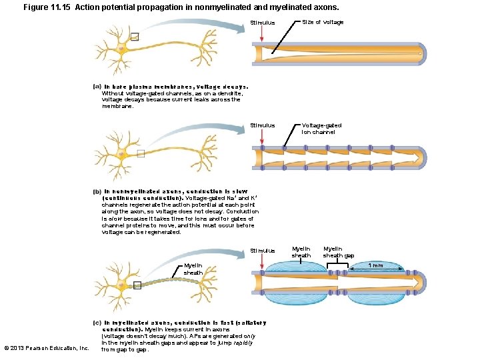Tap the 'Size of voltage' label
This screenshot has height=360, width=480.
pos(323,22)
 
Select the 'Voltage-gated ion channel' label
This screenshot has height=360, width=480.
pos(321,128)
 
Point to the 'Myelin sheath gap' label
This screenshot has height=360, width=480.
pos(339,252)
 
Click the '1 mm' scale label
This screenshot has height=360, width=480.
pos(377,265)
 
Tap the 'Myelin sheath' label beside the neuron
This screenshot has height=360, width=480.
pos(193,269)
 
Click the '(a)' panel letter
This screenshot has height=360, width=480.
pos(97,86)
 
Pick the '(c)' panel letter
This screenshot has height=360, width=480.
pos(97,323)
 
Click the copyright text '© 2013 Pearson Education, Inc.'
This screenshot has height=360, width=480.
pos(46,348)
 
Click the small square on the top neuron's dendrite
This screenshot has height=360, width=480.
pos(135,37)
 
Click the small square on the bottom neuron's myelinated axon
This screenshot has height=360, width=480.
pos(137,285)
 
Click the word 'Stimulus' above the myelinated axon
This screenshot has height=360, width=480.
pos(262,251)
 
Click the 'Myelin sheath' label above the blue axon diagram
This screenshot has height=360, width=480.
pos(301,252)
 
